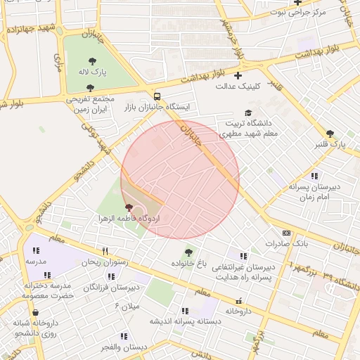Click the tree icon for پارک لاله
(x=93, y=61)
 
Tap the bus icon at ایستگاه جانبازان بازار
(x=157, y=96)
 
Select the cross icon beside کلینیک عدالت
(x=238, y=75)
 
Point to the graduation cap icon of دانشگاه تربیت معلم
(x=247, y=112)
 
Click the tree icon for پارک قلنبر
(x=330, y=134)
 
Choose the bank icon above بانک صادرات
(x=286, y=233)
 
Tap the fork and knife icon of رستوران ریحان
(x=105, y=251)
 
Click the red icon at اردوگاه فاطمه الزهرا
(x=128, y=208)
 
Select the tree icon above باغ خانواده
(x=188, y=252)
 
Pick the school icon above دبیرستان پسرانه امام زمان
(x=314, y=176)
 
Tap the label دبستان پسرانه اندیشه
(x=181, y=321)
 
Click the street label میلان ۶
(x=127, y=306)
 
